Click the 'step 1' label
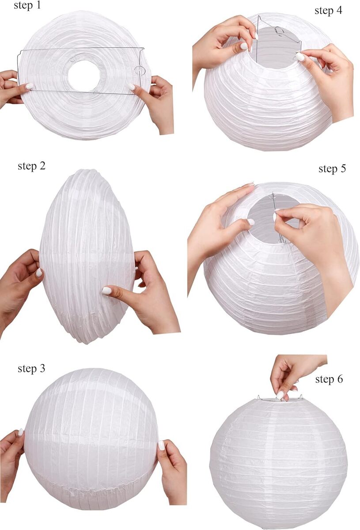tap(27, 5)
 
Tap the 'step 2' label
tap(31, 166)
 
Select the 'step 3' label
tap(31, 368)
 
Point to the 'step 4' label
tap(328, 11)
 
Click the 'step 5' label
tap(332, 169)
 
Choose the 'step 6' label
tap(329, 379)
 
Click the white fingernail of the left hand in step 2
tap(39, 273)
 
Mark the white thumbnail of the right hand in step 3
tap(161, 446)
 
